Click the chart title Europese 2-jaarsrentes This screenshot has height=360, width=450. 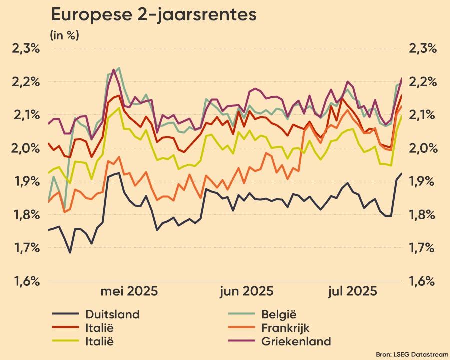click(x=154, y=15)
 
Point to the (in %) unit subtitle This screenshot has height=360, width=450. click(x=64, y=35)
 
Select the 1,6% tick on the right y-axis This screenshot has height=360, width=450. click(x=423, y=281)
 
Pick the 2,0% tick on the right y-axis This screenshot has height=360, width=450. click(x=423, y=148)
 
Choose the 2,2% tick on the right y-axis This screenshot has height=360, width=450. click(x=423, y=82)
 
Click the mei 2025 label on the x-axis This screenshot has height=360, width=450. click(x=129, y=291)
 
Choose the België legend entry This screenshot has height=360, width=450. click(x=279, y=314)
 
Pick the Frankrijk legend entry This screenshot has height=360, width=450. click(x=285, y=328)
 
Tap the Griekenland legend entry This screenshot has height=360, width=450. click(x=296, y=342)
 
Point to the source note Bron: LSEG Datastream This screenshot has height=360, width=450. click(x=412, y=354)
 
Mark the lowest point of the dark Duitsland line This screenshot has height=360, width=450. click(x=70, y=252)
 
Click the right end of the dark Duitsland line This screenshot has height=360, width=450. click(x=401, y=173)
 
